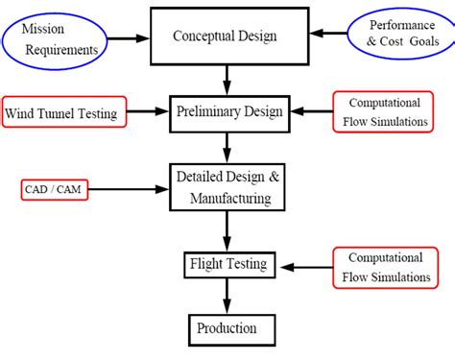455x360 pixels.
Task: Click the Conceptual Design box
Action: coord(225,36)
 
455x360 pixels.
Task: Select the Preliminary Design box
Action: coord(228,112)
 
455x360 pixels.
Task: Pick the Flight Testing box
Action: coord(227,262)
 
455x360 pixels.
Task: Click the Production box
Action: coord(227,328)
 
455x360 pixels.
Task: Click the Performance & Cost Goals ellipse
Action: coord(395,36)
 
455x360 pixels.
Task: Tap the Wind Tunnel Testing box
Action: coord(62,114)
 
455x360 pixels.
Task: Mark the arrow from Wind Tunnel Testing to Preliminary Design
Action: coord(146,113)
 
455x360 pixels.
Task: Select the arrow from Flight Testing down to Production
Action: coord(227,295)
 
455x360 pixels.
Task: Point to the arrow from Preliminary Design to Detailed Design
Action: coord(227,147)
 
